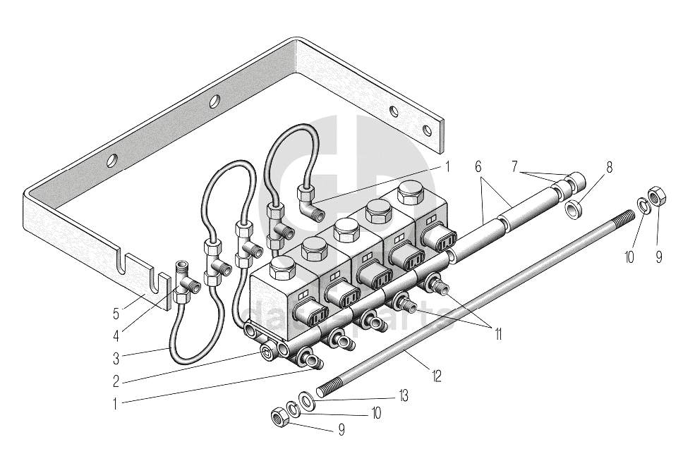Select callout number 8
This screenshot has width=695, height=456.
pos(609,168)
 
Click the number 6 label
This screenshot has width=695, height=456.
pos(478,168)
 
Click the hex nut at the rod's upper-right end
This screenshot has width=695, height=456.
pos(655,195)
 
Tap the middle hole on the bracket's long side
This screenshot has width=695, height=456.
pos(214,100)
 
